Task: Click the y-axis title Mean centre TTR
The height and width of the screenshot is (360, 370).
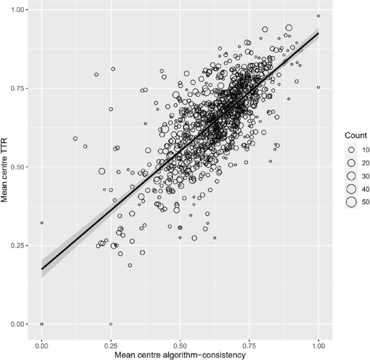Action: tap(7, 167)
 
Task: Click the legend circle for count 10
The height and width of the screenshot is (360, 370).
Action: tap(351, 149)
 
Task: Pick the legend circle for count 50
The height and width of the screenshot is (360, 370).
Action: tap(351, 202)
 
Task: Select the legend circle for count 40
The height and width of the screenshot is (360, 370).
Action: tap(351, 189)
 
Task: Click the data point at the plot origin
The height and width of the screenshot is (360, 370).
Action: tap(42, 324)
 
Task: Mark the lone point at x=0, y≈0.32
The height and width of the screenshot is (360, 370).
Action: tap(42, 223)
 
